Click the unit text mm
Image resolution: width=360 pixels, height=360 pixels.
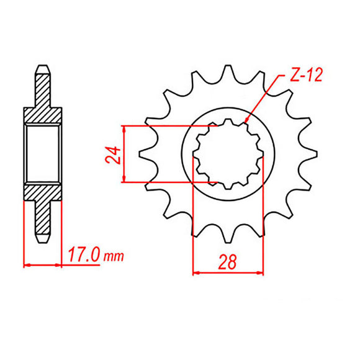pos(114,256)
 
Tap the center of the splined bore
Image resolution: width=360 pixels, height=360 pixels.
pos(228,155)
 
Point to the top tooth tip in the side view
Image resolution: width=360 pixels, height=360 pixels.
pos(42,67)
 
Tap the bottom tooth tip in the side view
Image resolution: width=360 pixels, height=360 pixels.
pos(42,240)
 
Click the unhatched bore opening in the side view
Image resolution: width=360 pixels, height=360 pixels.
pos(42,155)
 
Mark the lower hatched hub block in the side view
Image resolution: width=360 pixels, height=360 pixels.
pos(42,192)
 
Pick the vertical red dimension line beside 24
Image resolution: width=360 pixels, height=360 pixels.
pos(125,155)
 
